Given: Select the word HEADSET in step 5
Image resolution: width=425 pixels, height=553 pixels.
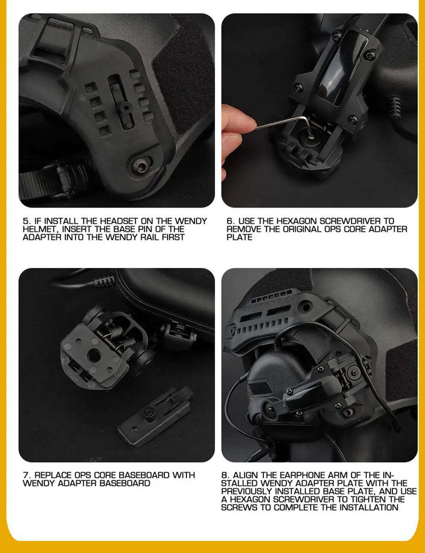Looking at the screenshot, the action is (x=119, y=221).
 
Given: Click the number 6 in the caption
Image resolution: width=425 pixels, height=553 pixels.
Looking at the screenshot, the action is (x=229, y=221).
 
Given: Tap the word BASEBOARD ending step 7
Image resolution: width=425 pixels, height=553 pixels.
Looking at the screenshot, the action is (x=125, y=483).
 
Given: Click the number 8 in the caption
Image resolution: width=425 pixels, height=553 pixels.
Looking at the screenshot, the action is (x=224, y=475).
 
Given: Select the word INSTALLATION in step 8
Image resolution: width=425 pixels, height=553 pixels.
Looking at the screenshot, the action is (x=369, y=507).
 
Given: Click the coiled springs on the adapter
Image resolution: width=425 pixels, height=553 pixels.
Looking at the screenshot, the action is (x=119, y=336).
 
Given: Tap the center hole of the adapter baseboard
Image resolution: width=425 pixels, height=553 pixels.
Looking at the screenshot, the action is (x=94, y=354).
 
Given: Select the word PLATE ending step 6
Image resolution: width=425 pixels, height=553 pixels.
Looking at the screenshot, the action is (x=239, y=237).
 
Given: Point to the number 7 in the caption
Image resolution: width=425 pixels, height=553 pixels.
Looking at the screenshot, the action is (x=26, y=475).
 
